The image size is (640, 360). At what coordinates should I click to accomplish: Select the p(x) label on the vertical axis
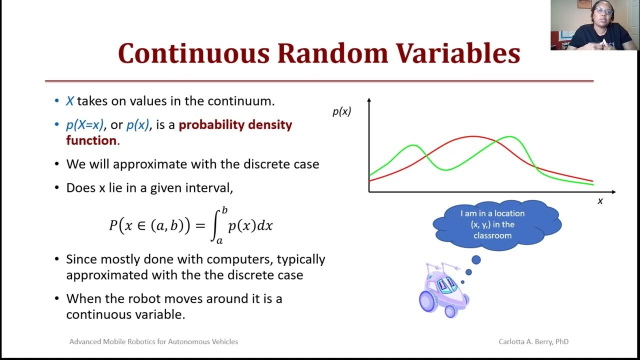342,112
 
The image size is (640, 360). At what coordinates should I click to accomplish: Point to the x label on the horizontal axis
600,201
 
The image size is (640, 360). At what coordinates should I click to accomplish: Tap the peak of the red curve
472,136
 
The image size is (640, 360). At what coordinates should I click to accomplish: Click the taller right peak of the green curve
510,136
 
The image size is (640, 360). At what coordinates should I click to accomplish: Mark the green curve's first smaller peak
413,145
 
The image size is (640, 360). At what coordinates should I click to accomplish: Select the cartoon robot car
443,290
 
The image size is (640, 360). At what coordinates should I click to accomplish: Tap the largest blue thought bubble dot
476,260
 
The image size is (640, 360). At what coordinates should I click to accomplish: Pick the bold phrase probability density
235,124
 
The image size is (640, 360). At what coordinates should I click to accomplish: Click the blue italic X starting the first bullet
70,101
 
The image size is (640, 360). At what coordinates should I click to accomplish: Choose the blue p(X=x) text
84,124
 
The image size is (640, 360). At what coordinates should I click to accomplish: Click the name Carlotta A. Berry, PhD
533,341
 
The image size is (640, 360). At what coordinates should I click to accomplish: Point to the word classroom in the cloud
492,235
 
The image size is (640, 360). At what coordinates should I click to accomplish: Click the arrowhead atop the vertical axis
369,100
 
